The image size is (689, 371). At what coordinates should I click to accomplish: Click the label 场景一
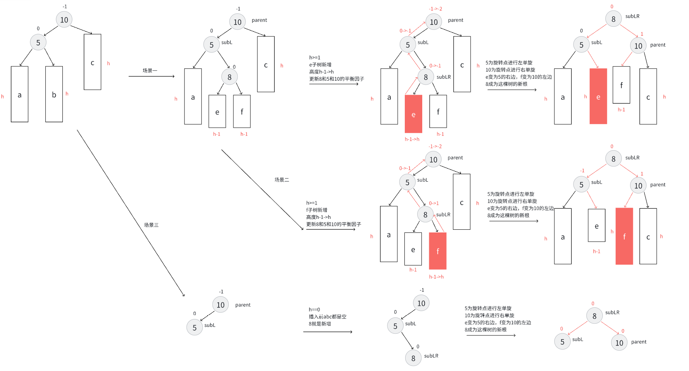point(150,71)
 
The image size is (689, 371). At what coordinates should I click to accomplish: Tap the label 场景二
point(281,180)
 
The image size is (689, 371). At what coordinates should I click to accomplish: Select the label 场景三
point(151,225)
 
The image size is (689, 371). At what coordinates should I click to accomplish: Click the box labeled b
point(54,94)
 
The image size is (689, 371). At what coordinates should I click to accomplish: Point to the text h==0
point(314,309)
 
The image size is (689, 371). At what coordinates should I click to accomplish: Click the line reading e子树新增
point(320,65)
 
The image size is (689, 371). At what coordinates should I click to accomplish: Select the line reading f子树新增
point(316,210)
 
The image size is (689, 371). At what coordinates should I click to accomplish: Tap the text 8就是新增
point(319,324)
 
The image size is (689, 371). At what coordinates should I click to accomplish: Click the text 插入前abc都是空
point(327,317)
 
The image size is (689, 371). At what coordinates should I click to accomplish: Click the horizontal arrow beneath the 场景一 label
point(151,76)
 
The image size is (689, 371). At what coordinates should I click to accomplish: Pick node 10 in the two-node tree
point(221,305)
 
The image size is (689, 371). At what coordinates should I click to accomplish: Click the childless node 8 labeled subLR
point(413,358)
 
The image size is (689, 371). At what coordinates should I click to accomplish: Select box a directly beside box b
point(19,94)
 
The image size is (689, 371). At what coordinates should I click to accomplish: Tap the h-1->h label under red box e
point(412,139)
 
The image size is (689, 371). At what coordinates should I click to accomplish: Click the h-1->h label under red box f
point(436,277)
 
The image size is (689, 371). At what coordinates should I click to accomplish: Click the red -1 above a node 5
point(582,171)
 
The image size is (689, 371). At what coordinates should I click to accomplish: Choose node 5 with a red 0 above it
point(562,342)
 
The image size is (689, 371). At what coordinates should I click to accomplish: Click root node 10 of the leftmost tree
point(64,20)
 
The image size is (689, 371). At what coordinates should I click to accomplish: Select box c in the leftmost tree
point(92,62)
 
